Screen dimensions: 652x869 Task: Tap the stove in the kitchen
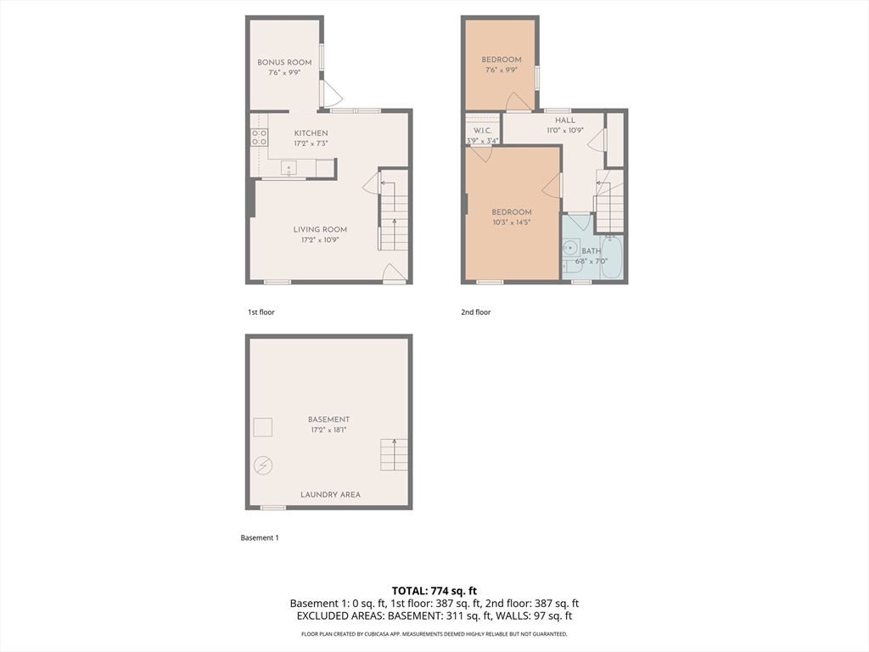[258, 137]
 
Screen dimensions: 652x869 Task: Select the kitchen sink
[289, 168]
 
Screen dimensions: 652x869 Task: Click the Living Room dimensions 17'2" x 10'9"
[320, 240]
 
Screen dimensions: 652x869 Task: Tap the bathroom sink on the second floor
[571, 249]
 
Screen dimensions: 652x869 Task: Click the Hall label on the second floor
[564, 121]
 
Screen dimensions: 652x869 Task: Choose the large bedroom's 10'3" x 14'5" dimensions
[512, 222]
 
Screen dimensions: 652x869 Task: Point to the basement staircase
[393, 455]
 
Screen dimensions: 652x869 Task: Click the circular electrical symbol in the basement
[263, 465]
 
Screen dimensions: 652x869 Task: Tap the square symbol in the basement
[263, 427]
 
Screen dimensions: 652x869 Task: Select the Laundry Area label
[330, 495]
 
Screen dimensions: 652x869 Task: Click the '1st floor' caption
[261, 312]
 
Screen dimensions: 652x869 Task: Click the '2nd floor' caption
[475, 312]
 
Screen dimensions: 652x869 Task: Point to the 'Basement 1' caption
[259, 538]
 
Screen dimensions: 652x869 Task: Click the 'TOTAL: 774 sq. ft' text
[434, 591]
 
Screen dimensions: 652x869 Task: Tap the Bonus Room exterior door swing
[332, 95]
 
